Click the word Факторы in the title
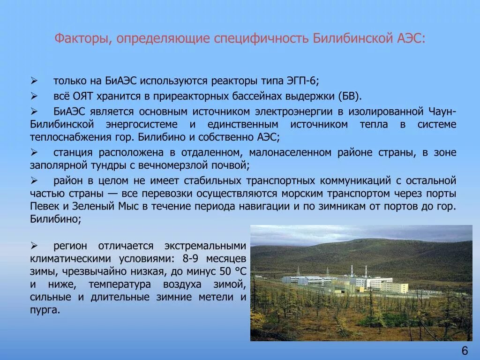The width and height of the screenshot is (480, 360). (x=80, y=38)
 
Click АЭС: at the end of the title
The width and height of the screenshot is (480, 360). (x=411, y=38)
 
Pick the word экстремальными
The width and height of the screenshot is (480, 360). (x=205, y=246)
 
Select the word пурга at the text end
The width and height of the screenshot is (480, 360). (x=44, y=310)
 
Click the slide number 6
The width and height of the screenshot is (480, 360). (x=465, y=351)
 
